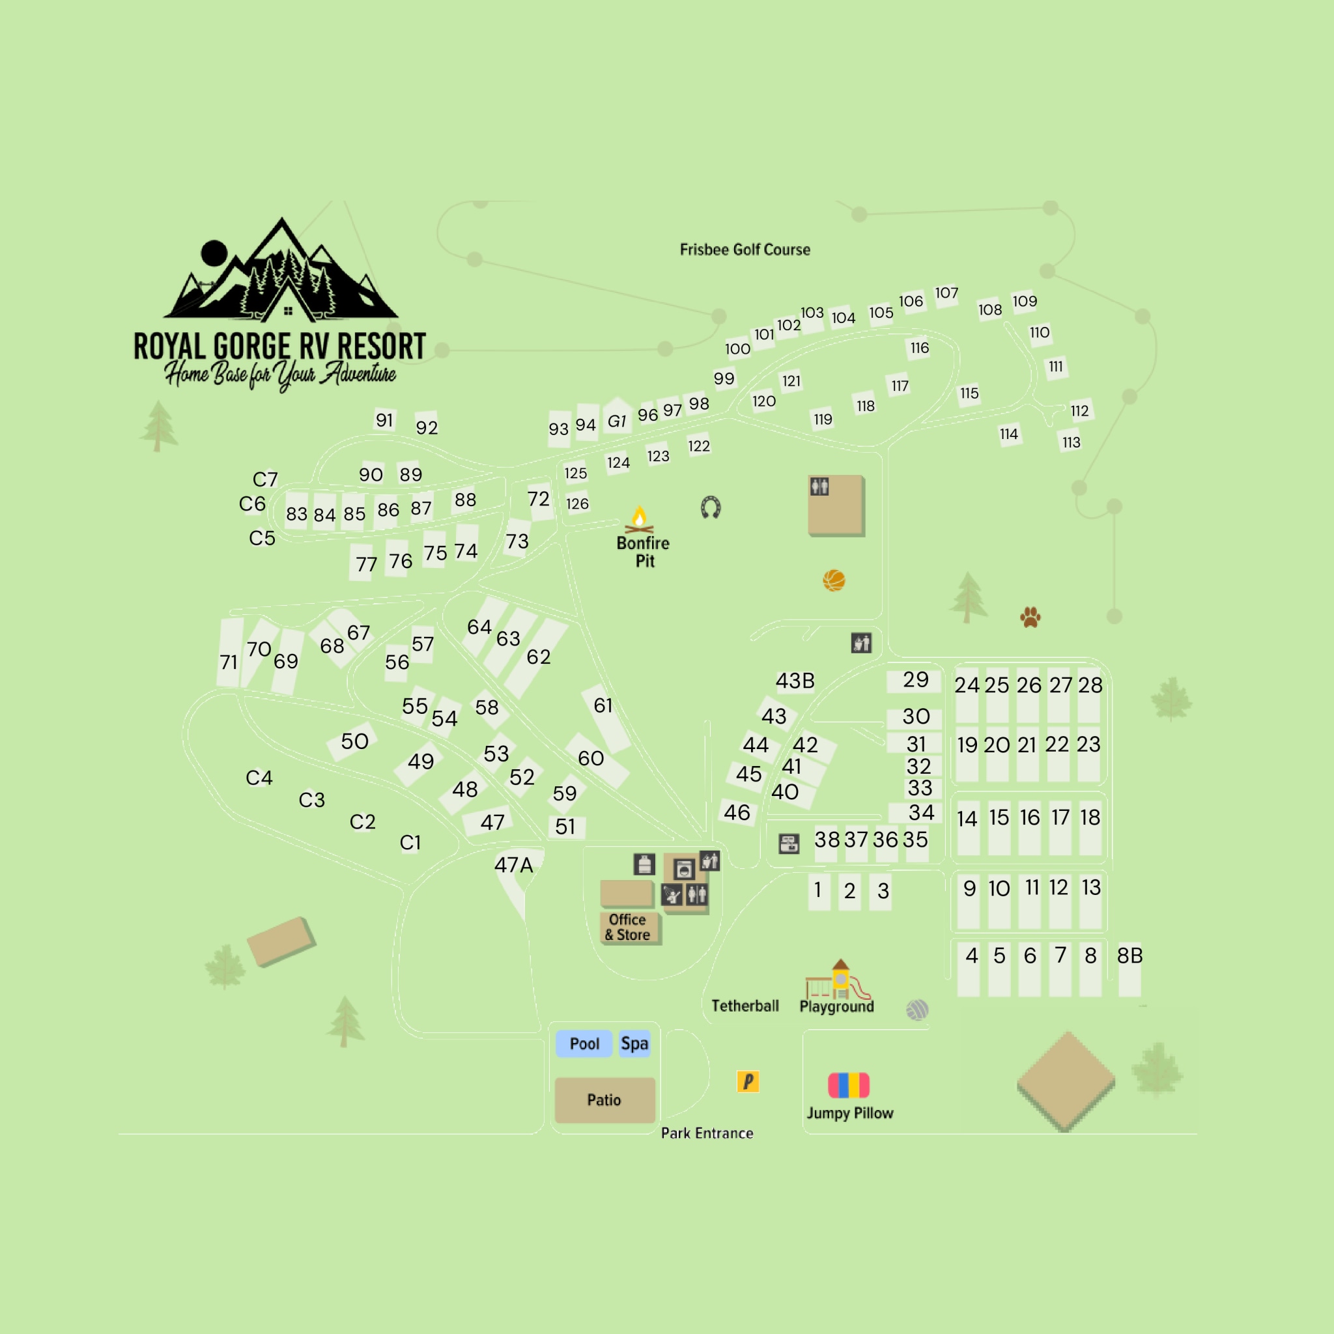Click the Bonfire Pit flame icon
640,519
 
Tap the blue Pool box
584,1043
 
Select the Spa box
634,1043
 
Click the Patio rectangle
604,1100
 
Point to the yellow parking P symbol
748,1081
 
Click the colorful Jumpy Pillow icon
849,1085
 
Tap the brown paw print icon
1030,617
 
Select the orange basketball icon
834,580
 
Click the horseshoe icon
711,507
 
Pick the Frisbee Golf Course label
745,250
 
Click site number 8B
1129,956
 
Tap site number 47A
514,865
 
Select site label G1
617,421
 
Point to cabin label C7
265,479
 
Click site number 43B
795,681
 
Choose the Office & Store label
628,928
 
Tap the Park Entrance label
707,1133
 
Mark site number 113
1071,442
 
